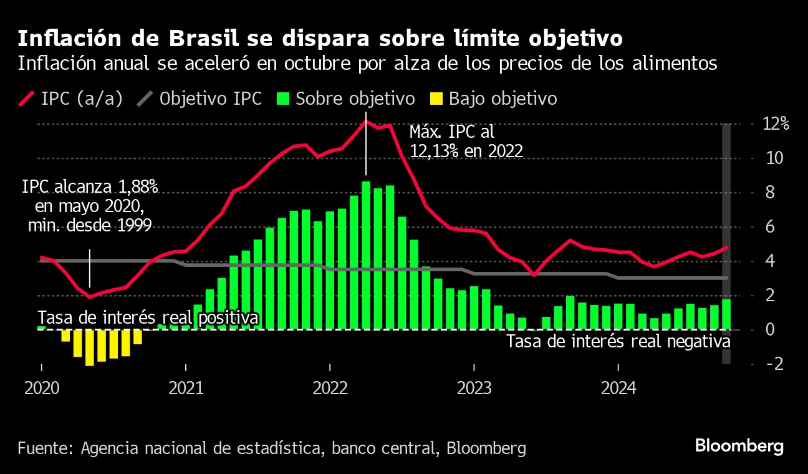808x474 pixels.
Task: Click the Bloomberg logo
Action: tap(739, 447)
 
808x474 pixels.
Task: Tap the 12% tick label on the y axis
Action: tap(776, 124)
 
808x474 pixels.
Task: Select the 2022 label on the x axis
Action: tap(330, 388)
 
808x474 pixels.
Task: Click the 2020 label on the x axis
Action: tap(42, 388)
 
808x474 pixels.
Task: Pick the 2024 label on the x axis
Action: tap(618, 388)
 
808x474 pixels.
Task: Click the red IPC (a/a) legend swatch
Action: tap(27, 99)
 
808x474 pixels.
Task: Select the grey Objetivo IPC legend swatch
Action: tap(145, 99)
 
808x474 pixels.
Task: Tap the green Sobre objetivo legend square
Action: tap(284, 99)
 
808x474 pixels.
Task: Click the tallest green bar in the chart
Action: tap(366, 254)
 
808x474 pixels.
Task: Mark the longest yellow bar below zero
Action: tap(90, 347)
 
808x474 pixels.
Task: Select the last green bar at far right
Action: tap(726, 314)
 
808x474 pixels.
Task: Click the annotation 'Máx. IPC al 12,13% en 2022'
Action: tap(465, 141)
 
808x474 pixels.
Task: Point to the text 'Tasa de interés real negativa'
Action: tap(617, 342)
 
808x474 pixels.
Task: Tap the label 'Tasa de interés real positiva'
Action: tap(148, 318)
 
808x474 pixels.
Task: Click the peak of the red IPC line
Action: tap(366, 121)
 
